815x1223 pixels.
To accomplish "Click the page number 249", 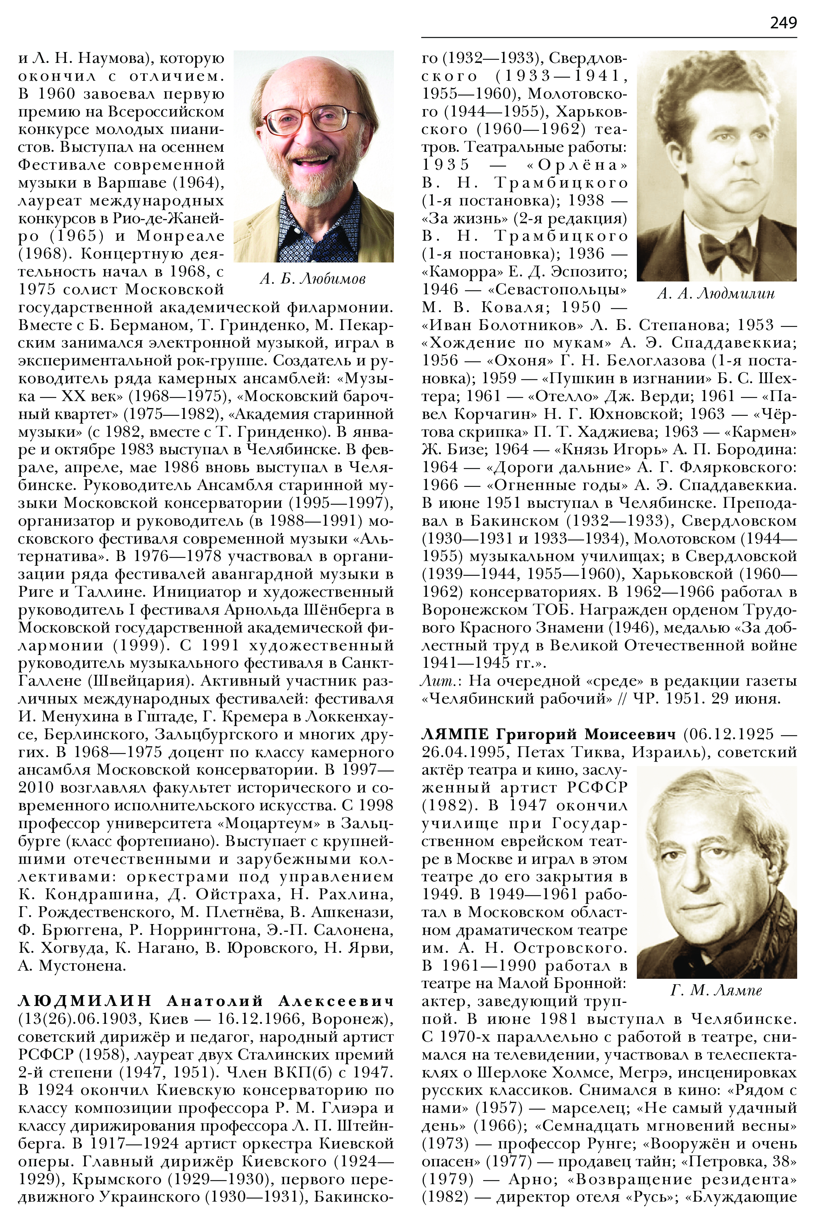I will [783, 23].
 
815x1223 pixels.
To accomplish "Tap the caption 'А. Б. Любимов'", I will [312, 279].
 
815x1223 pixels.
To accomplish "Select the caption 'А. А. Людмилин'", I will [716, 294].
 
